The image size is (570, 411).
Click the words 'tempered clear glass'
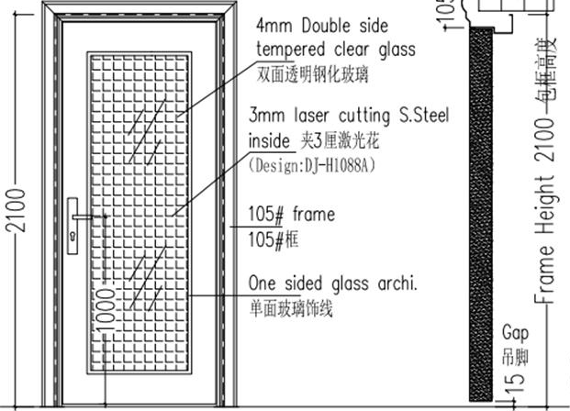(x=336, y=49)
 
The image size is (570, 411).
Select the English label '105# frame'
(x=292, y=216)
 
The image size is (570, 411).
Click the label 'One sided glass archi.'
(x=333, y=283)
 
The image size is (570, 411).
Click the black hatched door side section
(x=482, y=211)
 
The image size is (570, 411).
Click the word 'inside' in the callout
(x=268, y=141)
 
